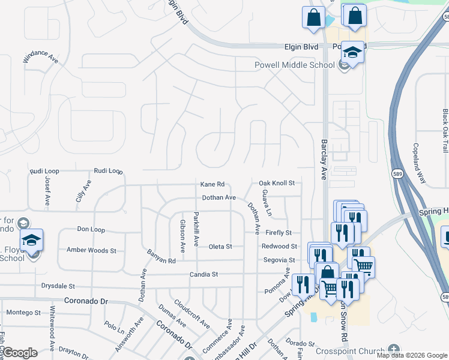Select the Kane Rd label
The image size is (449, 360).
tap(212, 184)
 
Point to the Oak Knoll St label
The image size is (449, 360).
tap(277, 183)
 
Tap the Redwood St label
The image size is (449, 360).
tap(279, 247)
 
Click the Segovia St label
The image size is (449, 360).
tap(279, 260)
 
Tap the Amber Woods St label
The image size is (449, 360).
tap(91, 250)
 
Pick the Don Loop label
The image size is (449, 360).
tap(91, 229)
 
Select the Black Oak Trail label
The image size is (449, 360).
tap(445, 130)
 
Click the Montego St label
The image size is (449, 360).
tap(23, 313)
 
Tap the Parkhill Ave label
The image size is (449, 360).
tap(196, 229)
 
